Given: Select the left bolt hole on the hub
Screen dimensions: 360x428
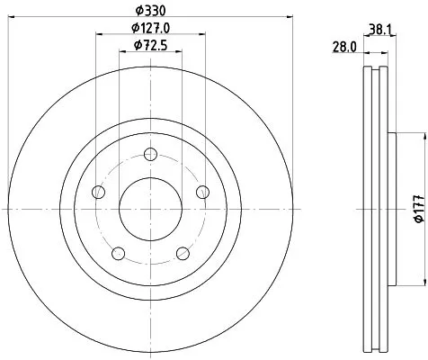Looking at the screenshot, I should coord(99,193).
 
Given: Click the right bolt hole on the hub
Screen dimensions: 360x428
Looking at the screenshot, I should coord(202,192).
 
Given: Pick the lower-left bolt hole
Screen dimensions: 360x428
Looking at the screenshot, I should coord(118,253).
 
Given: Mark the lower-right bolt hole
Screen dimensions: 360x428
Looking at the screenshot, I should coord(183,253).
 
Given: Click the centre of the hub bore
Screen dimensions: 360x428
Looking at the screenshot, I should coord(150,209).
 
